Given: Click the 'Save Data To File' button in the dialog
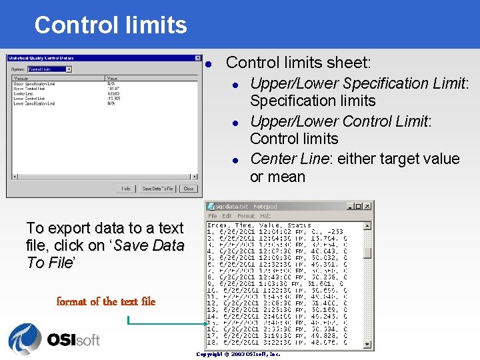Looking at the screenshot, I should click(157, 189).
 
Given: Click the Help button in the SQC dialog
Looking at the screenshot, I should click(125, 189).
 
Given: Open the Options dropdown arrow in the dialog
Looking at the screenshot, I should click(69, 69).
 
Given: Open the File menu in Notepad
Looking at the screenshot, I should click(213, 216).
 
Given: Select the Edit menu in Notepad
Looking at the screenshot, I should click(227, 216).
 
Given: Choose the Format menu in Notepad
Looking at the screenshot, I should click(246, 216).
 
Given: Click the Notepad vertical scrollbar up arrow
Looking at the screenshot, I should click(367, 225).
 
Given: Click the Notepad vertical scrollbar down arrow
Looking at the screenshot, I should click(367, 345).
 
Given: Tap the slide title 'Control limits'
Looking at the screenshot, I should click(111, 25).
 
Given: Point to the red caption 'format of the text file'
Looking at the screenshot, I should click(106, 301).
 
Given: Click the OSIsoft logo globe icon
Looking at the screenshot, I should click(25, 339).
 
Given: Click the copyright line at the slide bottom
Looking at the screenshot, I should click(239, 355).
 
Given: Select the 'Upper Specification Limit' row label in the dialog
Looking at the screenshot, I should click(34, 83).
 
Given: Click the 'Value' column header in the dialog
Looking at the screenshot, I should click(112, 78).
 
